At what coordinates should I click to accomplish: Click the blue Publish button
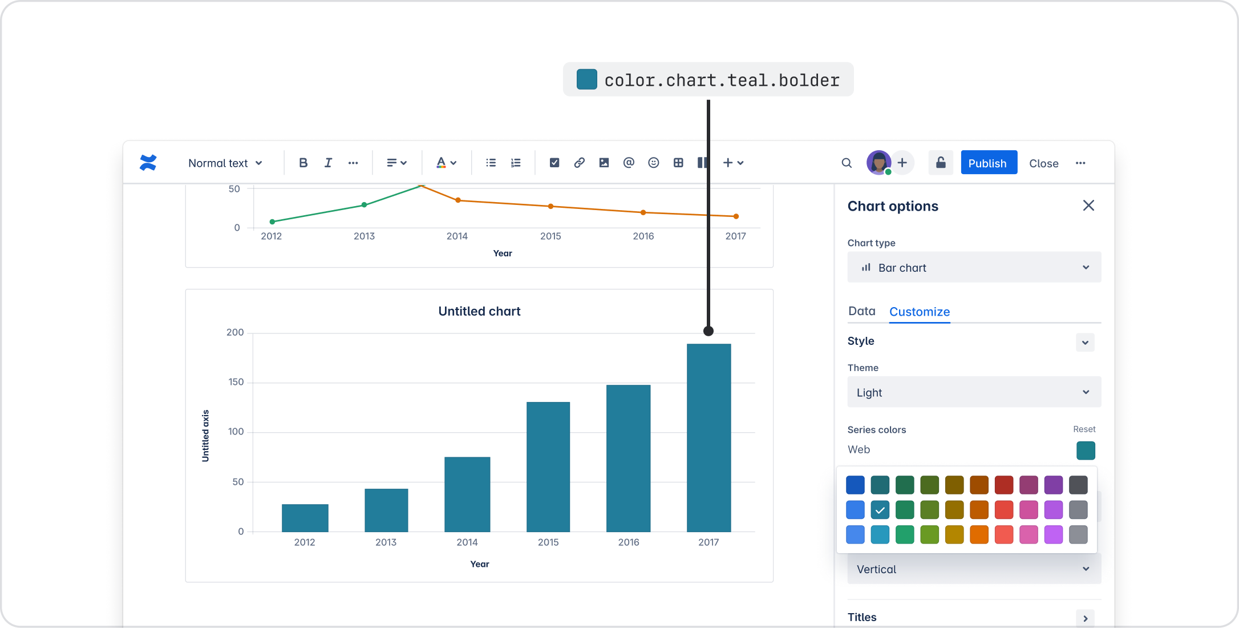pyautogui.click(x=988, y=163)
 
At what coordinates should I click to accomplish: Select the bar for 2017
pyautogui.click(x=708, y=437)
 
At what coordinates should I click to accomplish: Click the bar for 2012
pyautogui.click(x=305, y=518)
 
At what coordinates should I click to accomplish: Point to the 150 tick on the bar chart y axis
pyautogui.click(x=236, y=382)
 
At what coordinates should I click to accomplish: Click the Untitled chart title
pyautogui.click(x=479, y=311)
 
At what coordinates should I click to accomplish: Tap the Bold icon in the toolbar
pyautogui.click(x=303, y=163)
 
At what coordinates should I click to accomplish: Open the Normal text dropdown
pyautogui.click(x=225, y=163)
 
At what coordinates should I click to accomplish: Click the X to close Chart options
pyautogui.click(x=1088, y=206)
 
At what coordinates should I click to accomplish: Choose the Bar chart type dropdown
pyautogui.click(x=974, y=267)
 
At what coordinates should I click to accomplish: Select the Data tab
pyautogui.click(x=861, y=311)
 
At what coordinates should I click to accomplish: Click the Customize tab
pyautogui.click(x=919, y=312)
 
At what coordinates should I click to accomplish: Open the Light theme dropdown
pyautogui.click(x=974, y=392)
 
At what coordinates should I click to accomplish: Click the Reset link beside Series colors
pyautogui.click(x=1084, y=429)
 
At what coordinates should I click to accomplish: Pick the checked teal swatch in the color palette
pyautogui.click(x=880, y=509)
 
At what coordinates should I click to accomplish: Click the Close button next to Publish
pyautogui.click(x=1043, y=163)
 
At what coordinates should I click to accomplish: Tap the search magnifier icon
pyautogui.click(x=847, y=163)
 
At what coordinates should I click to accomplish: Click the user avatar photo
pyautogui.click(x=878, y=163)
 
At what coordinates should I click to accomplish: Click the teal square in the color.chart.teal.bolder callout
pyautogui.click(x=586, y=79)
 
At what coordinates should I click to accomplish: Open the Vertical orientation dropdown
pyautogui.click(x=974, y=569)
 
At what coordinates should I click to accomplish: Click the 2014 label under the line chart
pyautogui.click(x=457, y=236)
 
